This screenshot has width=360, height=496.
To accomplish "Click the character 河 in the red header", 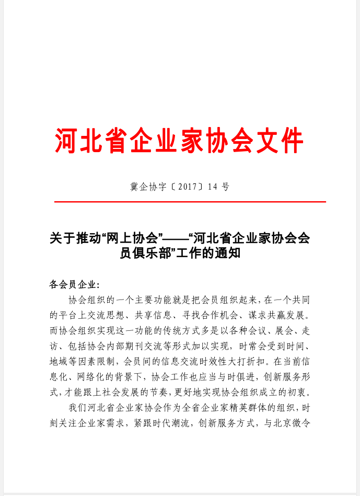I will click(67, 140).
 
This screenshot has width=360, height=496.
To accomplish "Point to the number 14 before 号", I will click(212, 187).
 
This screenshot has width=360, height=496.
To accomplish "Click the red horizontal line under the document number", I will click(190, 202).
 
